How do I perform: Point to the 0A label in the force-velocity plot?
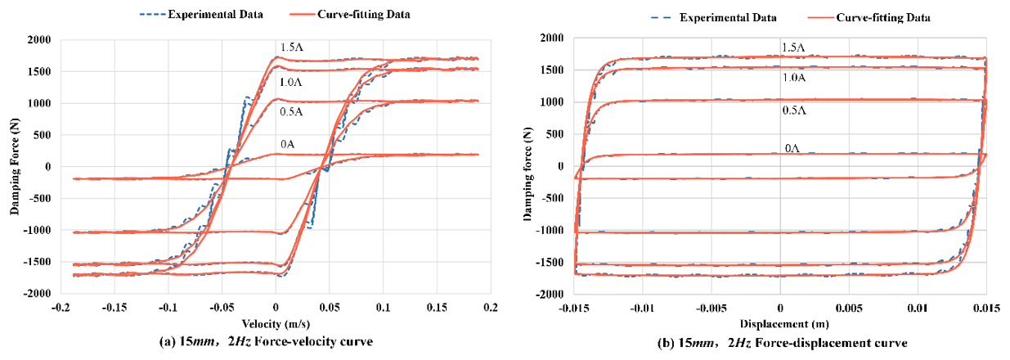click(287, 145)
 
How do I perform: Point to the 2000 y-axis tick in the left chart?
click(38, 40)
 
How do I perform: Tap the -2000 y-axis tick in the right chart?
click(549, 294)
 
